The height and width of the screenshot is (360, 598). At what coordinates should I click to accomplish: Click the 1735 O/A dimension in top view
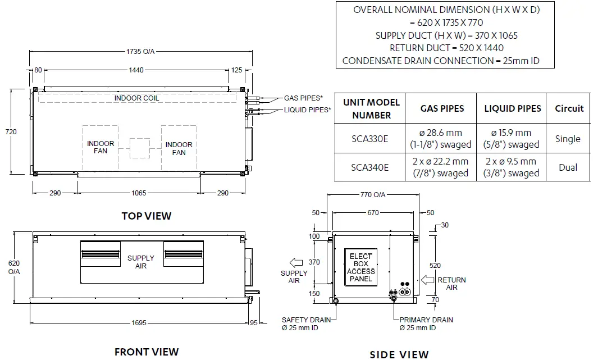(140, 52)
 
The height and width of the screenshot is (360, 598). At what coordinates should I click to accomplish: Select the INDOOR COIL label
(136, 98)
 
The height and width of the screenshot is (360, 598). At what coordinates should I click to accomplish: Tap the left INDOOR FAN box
(101, 148)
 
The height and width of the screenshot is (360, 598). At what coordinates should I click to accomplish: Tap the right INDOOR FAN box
(179, 148)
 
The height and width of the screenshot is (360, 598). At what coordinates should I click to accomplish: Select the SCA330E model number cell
(369, 139)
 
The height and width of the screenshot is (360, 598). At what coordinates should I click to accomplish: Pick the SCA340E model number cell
(369, 167)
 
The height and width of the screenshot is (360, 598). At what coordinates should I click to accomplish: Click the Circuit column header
(569, 108)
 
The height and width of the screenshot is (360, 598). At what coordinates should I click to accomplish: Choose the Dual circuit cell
(568, 167)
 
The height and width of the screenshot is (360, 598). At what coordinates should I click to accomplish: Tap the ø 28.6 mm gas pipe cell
(440, 139)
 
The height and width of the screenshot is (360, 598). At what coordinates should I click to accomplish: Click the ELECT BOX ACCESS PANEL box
(360, 267)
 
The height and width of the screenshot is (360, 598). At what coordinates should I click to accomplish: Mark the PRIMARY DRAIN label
(426, 323)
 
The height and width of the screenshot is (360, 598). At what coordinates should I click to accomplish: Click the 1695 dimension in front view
(140, 322)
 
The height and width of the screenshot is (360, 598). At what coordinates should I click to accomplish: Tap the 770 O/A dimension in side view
(373, 194)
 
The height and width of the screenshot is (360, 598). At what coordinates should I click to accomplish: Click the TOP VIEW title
(147, 216)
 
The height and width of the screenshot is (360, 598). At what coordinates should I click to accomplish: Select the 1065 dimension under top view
(139, 193)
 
